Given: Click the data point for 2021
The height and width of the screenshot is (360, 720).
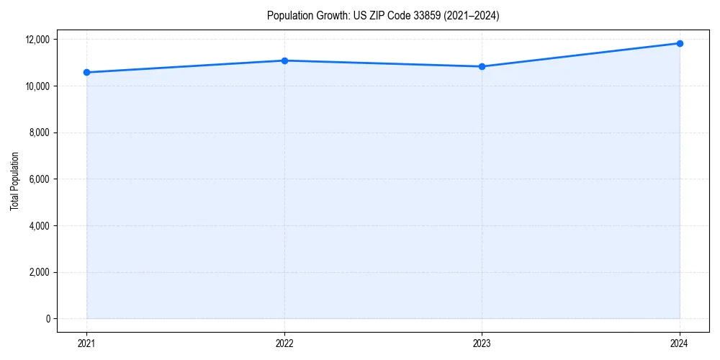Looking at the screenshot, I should [x=86, y=72].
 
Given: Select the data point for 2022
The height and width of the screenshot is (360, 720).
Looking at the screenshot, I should [x=284, y=60].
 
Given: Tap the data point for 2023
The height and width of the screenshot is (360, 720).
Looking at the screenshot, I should [x=482, y=66].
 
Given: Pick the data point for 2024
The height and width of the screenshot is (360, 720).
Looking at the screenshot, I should [x=680, y=43].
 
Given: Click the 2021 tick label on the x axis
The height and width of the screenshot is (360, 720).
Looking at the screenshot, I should [x=86, y=343].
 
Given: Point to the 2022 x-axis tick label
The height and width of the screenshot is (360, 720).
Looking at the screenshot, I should [x=284, y=343].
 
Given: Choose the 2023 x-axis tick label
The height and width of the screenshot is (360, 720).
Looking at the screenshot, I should [x=482, y=343].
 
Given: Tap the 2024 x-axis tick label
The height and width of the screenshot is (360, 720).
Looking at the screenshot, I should [x=680, y=343].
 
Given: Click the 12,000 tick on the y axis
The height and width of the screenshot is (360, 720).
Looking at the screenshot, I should [x=37, y=40].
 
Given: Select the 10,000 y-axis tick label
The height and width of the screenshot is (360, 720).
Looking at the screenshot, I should [x=37, y=86].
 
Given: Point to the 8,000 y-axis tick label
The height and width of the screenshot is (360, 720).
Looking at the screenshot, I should [x=40, y=132].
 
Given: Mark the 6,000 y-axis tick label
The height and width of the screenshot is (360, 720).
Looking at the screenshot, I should [x=40, y=179].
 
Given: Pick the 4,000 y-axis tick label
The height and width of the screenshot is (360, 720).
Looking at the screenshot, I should [x=40, y=226].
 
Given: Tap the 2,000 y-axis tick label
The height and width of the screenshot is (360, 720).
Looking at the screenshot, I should [x=40, y=272].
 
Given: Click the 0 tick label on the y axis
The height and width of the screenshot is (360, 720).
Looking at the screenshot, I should [x=48, y=319].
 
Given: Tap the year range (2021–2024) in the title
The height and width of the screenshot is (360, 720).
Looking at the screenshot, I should [x=467, y=16].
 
